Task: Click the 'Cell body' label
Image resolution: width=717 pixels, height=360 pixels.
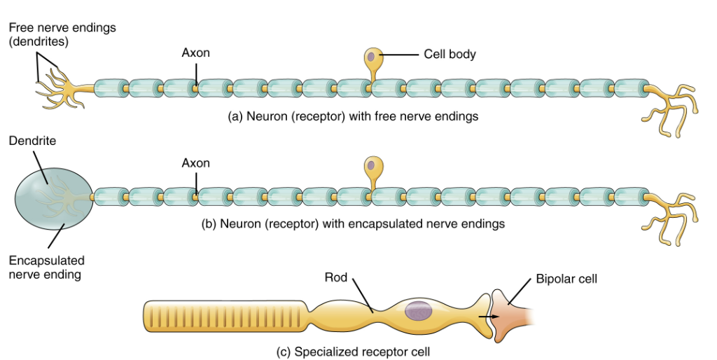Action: coord(450,54)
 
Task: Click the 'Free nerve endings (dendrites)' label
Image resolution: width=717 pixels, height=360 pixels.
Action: coord(62,34)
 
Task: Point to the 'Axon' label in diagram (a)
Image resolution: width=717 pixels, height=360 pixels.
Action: coord(195,53)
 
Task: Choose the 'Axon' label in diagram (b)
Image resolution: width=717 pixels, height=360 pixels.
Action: coord(195,162)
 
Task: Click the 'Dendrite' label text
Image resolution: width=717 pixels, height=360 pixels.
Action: coord(32,141)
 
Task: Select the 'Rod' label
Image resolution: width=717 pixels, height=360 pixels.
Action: coord(335,278)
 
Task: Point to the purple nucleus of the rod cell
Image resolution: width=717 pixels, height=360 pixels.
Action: coord(419,311)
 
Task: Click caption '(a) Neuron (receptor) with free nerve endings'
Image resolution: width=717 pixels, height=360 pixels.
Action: coord(354,116)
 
